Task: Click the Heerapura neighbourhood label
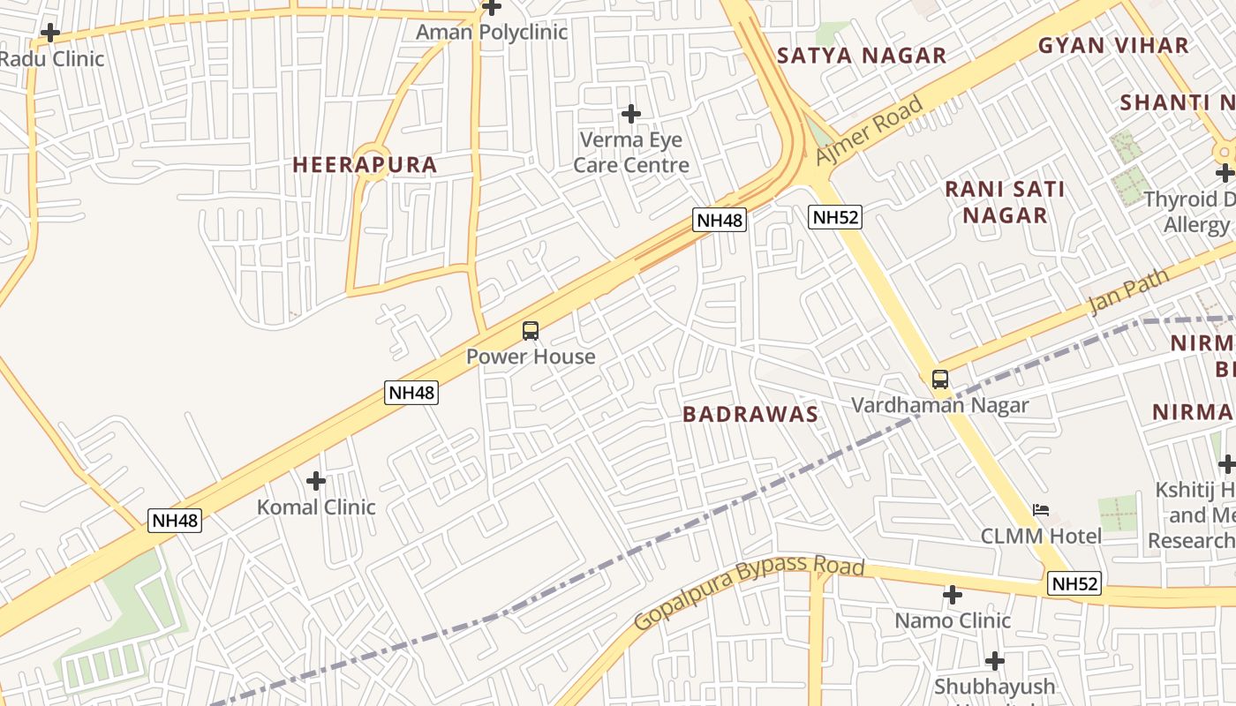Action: (x=365, y=165)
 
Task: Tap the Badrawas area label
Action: (x=750, y=415)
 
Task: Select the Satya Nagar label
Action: (x=861, y=56)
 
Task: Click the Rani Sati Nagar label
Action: (x=1005, y=202)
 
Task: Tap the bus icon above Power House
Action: (x=530, y=331)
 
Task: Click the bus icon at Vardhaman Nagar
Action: (x=940, y=379)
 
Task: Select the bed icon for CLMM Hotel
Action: (x=1041, y=510)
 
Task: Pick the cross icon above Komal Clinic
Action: (x=315, y=481)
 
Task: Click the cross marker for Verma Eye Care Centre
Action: (x=630, y=114)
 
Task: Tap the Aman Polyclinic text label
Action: (x=491, y=33)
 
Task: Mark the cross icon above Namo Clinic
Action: (x=952, y=595)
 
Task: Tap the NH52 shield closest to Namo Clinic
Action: (x=1074, y=583)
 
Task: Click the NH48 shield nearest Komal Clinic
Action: (x=175, y=521)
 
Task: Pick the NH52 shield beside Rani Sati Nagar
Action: (x=834, y=217)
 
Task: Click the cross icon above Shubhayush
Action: (x=994, y=661)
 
